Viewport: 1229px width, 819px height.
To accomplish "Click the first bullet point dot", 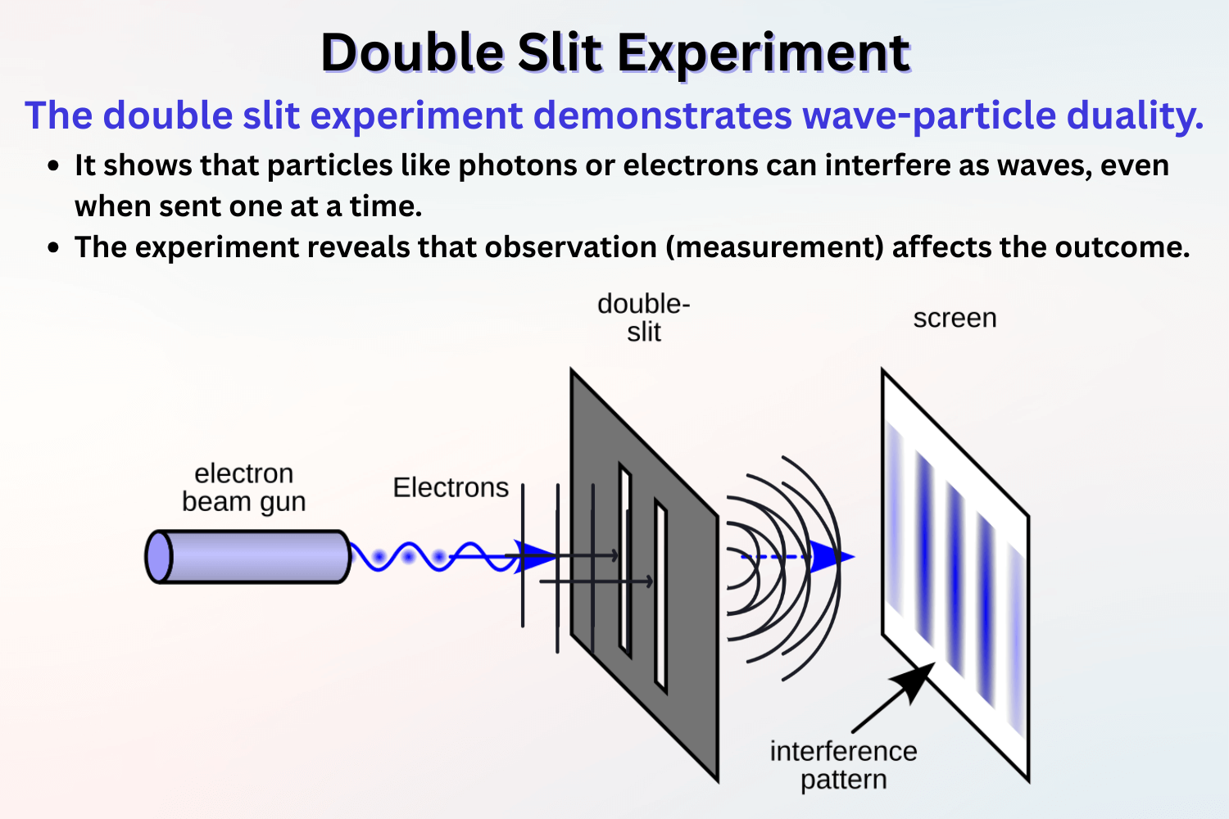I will tap(54, 166).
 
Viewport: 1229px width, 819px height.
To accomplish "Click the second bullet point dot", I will tap(54, 248).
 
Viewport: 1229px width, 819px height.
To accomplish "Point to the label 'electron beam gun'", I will tap(243, 487).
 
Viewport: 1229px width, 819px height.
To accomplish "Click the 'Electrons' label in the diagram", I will tap(451, 488).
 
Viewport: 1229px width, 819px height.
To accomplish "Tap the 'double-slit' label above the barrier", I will tap(644, 318).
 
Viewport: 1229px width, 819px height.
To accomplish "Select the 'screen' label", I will tap(955, 318).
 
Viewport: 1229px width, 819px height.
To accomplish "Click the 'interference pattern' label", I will tap(843, 765).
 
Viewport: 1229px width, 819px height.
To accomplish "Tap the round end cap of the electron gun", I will tap(158, 557).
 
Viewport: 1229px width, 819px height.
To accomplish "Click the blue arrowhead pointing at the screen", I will tap(831, 557).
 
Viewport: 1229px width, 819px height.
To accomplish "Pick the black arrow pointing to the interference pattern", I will tap(897, 696).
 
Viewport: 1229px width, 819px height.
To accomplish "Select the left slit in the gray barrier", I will tap(625, 561).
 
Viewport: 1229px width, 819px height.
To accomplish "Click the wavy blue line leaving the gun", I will tap(410, 557).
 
